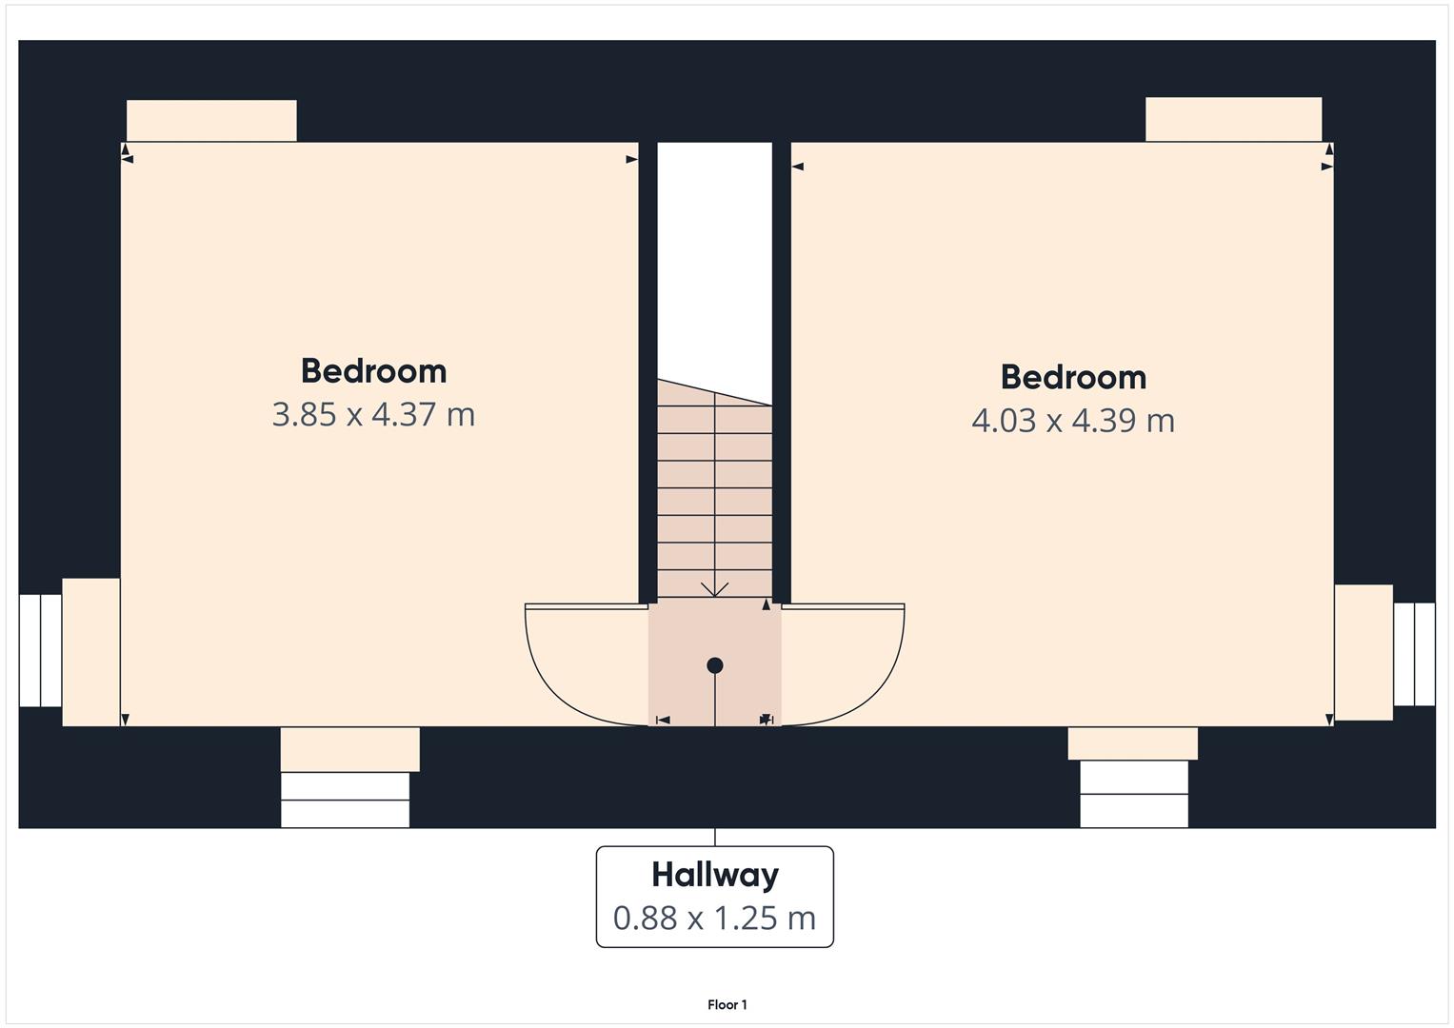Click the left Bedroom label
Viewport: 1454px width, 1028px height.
tap(373, 370)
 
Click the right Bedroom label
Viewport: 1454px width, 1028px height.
tap(1073, 377)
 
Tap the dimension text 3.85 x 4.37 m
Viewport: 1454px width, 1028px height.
tap(373, 415)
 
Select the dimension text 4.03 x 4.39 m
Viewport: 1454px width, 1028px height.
tap(1073, 421)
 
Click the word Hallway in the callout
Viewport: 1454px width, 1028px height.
tap(715, 874)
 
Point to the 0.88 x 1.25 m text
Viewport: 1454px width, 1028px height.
tap(715, 918)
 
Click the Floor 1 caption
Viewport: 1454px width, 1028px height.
tap(727, 1004)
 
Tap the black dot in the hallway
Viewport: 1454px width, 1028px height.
tap(715, 665)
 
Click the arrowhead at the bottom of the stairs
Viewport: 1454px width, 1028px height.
tap(714, 590)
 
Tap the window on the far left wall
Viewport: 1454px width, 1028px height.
tap(40, 651)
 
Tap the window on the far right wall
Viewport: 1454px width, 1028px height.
tap(1414, 654)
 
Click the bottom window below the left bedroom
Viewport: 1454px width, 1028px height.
tap(345, 800)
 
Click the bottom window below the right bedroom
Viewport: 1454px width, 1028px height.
tap(1133, 794)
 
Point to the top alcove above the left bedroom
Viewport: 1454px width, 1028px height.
tap(211, 121)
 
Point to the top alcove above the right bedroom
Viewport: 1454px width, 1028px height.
tap(1233, 119)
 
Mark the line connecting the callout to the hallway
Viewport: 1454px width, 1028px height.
tap(715, 837)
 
